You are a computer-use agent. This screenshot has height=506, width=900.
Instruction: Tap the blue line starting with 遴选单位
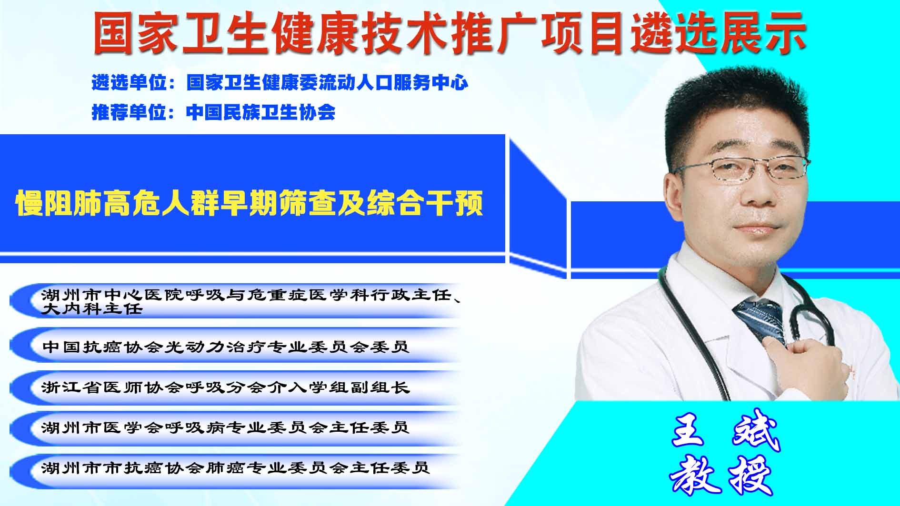pyautogui.click(x=280, y=83)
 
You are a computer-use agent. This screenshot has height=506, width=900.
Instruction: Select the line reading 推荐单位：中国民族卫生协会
pyautogui.click(x=213, y=112)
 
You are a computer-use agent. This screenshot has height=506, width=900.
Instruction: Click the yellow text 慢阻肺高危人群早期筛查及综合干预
pyautogui.click(x=250, y=203)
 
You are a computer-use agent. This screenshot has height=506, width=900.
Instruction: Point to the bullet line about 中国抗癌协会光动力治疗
pyautogui.click(x=226, y=347)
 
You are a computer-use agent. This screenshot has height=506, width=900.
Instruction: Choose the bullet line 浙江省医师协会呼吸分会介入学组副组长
pyautogui.click(x=226, y=387)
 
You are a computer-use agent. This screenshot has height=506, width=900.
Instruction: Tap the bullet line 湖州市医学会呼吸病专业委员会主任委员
pyautogui.click(x=226, y=427)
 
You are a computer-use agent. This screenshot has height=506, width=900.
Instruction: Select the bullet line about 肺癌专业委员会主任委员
pyautogui.click(x=236, y=467)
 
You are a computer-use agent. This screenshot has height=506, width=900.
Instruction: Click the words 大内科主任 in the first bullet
pyautogui.click(x=92, y=309)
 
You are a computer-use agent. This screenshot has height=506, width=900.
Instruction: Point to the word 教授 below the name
pyautogui.click(x=721, y=475)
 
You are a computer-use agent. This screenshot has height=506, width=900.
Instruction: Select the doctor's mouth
pyautogui.click(x=755, y=229)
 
